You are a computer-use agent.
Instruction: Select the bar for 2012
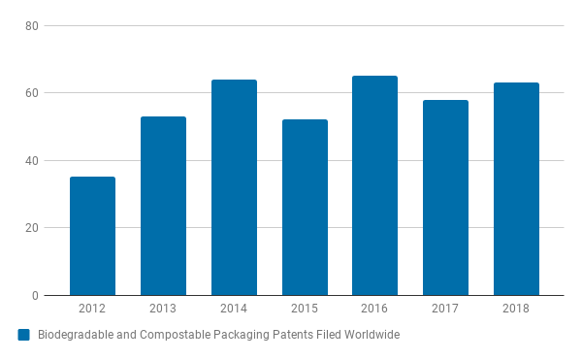click(x=92, y=236)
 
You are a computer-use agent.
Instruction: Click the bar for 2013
click(x=163, y=206)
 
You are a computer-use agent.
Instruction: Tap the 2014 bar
click(x=234, y=187)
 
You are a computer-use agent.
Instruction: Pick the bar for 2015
click(x=305, y=208)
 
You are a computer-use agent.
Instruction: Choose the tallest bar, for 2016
click(x=374, y=185)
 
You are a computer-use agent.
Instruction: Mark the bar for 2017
click(x=445, y=197)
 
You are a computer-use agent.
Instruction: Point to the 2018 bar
click(x=516, y=189)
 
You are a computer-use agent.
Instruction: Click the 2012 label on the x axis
click(x=92, y=309)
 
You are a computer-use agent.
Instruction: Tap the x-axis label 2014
click(x=234, y=309)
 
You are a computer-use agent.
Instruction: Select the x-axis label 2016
click(x=374, y=309)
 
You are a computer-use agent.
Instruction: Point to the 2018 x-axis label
click(x=516, y=309)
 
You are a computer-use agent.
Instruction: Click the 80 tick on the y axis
click(x=31, y=26)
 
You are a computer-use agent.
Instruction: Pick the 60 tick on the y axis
click(x=31, y=93)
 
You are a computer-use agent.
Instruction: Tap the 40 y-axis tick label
click(x=31, y=161)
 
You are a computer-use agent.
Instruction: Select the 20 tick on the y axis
click(x=31, y=228)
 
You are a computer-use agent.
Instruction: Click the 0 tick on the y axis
click(x=34, y=296)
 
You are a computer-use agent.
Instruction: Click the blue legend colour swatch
click(x=24, y=335)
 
